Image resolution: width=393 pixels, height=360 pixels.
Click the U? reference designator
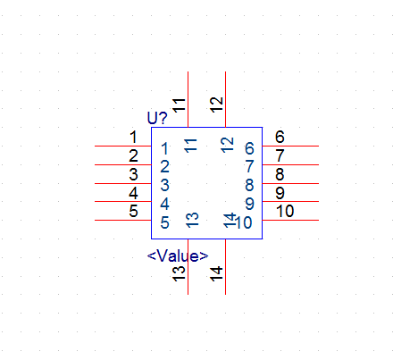[x=157, y=118]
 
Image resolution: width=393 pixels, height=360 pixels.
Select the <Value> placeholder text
[x=178, y=255]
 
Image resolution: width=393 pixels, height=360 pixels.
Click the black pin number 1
[x=133, y=138]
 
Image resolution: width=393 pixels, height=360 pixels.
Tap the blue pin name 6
[x=249, y=148]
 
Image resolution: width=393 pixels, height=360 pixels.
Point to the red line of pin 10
[x=290, y=220]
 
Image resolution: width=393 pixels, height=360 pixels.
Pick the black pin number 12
[x=216, y=105]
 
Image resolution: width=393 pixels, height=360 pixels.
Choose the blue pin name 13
[x=192, y=220]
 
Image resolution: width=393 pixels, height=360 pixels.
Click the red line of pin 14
[x=225, y=266]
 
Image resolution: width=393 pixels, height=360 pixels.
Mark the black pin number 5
[x=133, y=211]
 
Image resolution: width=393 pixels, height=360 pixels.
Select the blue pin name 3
[x=165, y=185]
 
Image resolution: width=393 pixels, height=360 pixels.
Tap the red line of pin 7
[x=290, y=164]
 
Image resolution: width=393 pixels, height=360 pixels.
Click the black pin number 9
[x=280, y=193]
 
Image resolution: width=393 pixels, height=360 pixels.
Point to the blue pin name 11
[x=190, y=146]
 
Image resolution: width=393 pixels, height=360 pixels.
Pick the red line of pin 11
[x=188, y=99]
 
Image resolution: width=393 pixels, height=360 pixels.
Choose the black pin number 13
[x=179, y=273]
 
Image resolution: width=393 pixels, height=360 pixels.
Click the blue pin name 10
[x=244, y=222]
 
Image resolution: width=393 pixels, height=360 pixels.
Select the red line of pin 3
[x=123, y=183]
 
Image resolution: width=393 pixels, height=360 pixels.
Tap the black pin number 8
[x=280, y=174]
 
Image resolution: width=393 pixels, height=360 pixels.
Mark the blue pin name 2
[x=165, y=166]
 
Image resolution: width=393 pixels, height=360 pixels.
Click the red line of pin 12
[x=225, y=99]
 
